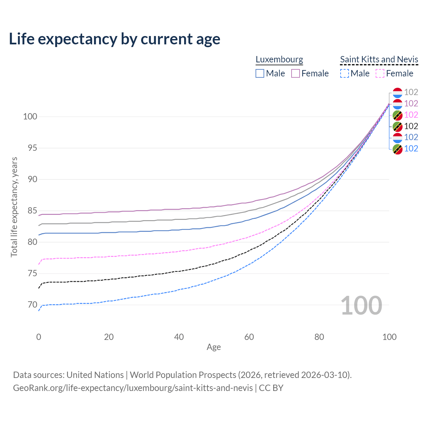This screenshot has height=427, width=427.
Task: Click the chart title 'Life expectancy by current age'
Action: (114, 39)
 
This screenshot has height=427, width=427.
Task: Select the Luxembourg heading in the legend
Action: (279, 59)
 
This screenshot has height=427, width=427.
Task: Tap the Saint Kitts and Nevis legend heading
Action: (379, 59)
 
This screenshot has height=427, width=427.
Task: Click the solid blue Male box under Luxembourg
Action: (260, 73)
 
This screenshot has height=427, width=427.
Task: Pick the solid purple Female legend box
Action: (296, 73)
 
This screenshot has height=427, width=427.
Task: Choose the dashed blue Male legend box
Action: (345, 73)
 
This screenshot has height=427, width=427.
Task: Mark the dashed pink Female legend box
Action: (380, 73)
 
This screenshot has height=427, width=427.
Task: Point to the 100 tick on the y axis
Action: (30, 117)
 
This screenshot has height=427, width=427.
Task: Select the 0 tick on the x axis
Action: (39, 337)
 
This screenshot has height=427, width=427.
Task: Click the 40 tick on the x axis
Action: (179, 337)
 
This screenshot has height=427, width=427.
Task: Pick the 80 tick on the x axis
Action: (319, 337)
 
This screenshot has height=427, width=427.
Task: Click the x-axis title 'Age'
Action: (214, 347)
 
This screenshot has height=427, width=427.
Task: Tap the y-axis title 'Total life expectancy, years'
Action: (14, 207)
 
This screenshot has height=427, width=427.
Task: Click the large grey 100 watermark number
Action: (361, 306)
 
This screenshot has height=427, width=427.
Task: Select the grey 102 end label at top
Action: (411, 92)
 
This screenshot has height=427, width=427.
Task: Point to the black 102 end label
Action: (411, 126)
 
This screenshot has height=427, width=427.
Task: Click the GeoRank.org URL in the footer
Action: (133, 388)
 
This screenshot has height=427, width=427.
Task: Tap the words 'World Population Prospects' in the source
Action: (183, 375)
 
